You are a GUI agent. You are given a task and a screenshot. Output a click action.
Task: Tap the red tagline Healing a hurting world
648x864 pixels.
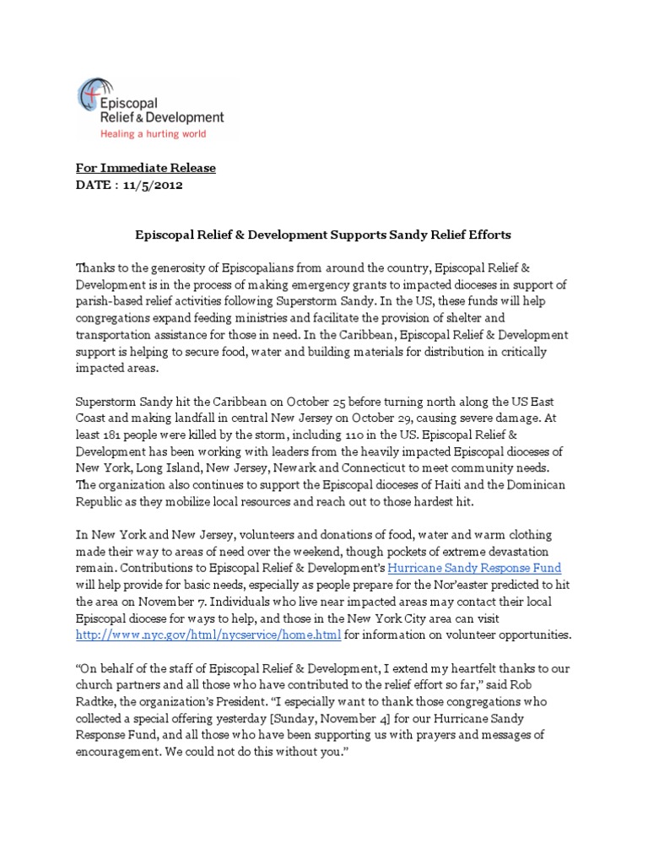(x=154, y=133)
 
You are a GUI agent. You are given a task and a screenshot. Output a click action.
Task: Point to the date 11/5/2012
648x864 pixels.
(x=153, y=186)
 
